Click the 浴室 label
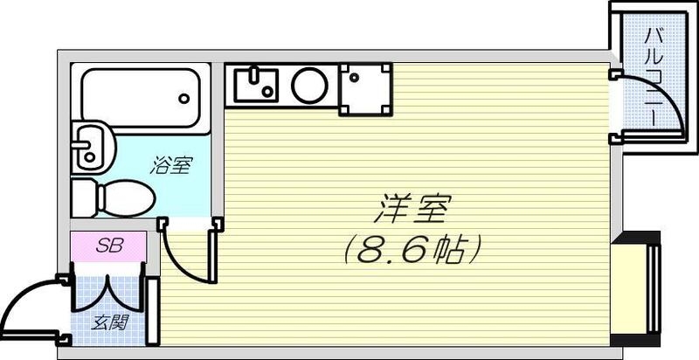[170, 165]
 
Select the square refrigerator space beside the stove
[366, 87]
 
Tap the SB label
[108, 245]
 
